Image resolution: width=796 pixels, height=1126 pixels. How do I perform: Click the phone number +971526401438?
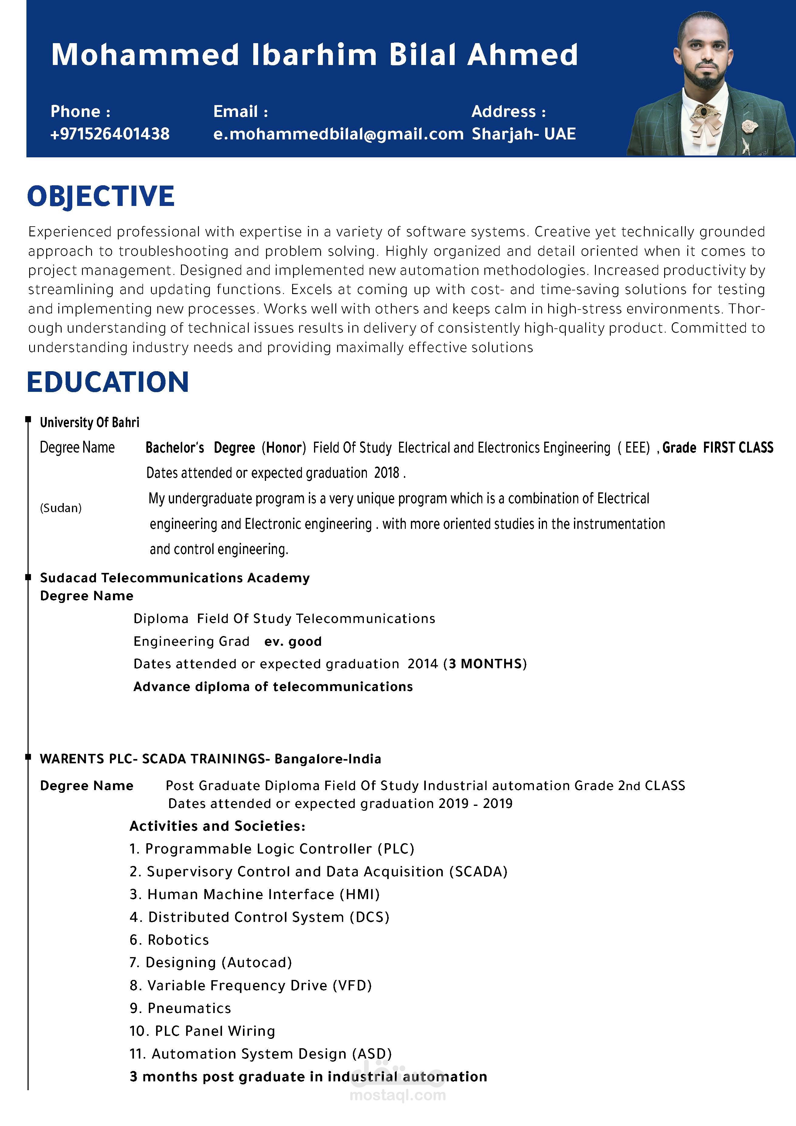tap(110, 134)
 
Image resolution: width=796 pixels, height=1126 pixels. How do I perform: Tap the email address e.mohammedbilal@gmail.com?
tap(338, 134)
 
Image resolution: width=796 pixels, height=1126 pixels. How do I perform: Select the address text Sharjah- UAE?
tap(523, 134)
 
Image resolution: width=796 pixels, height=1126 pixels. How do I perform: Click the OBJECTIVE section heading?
tap(101, 196)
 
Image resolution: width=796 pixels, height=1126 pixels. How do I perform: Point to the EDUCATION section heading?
tap(108, 382)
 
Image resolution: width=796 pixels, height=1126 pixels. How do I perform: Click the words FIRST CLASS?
tap(738, 447)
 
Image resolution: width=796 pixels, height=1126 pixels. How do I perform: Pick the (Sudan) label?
tap(61, 508)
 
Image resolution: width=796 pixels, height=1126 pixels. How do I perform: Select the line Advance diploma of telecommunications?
tap(273, 686)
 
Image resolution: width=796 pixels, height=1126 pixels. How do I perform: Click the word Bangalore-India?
tap(328, 759)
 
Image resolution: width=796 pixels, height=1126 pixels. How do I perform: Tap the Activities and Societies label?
tap(217, 827)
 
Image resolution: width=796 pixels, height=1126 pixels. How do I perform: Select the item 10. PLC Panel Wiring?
tap(202, 1031)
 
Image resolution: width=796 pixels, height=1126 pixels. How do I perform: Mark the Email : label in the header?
tap(240, 112)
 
